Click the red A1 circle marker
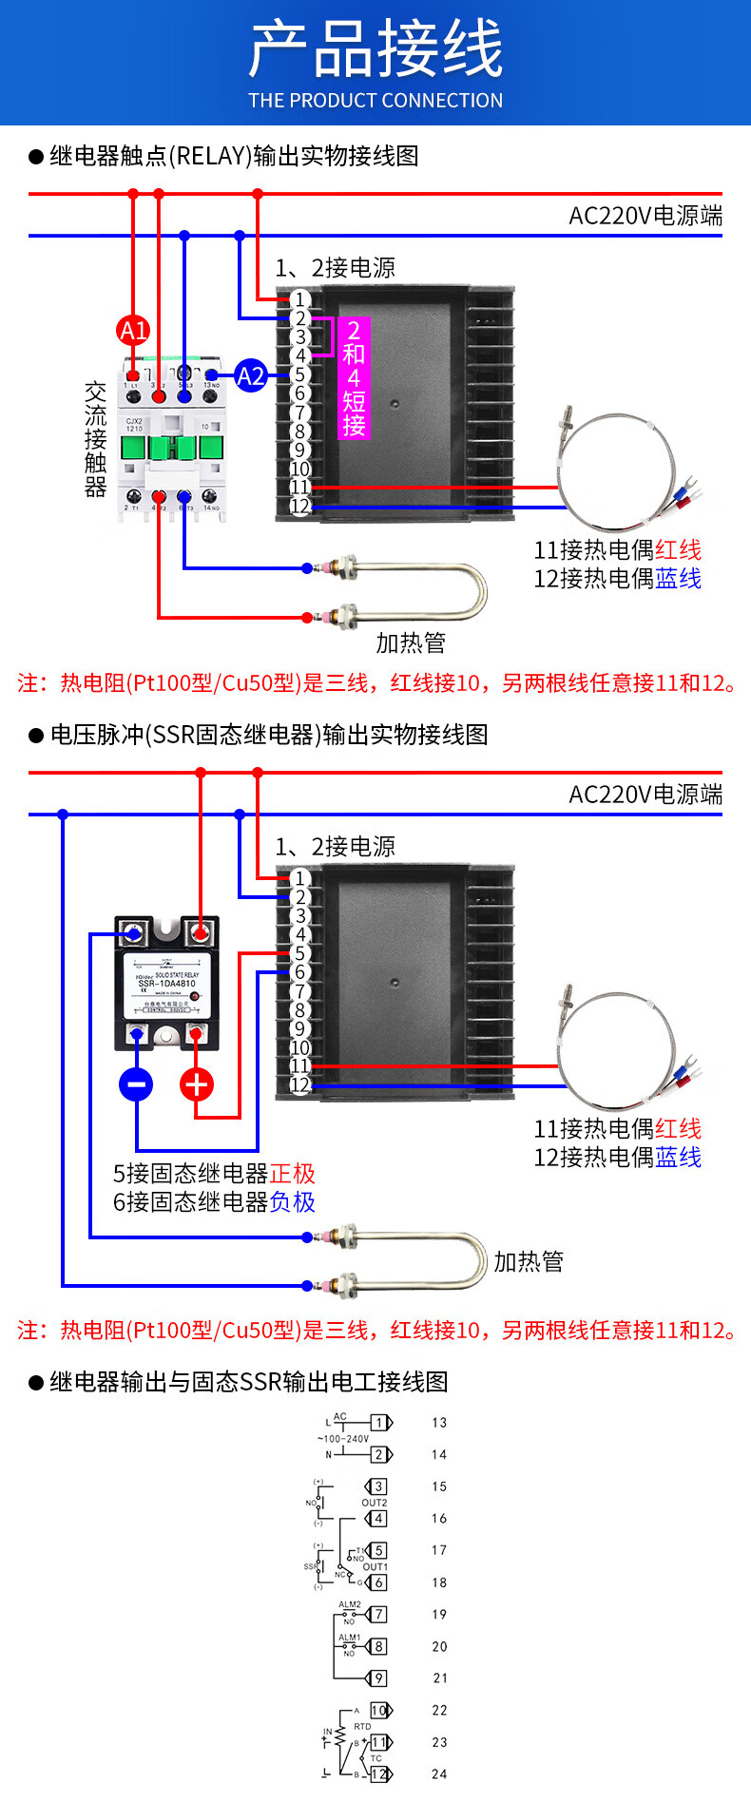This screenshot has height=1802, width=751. (133, 331)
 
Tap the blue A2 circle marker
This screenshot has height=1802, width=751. (250, 376)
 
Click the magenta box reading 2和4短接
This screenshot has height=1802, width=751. (354, 377)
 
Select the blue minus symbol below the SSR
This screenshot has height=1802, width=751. (136, 1083)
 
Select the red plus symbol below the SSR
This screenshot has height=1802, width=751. (197, 1083)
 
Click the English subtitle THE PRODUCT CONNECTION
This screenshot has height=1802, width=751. (375, 101)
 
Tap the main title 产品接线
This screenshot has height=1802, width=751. (375, 49)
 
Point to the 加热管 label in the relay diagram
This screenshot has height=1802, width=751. (411, 643)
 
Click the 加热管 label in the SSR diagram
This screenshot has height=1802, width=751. (529, 1262)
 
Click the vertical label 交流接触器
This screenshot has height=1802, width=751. (95, 439)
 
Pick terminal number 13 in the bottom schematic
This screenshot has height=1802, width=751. (439, 1423)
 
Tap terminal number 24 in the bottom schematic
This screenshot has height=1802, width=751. (439, 1773)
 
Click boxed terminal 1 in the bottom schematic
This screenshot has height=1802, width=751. (379, 1423)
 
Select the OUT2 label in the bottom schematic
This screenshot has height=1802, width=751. (375, 1503)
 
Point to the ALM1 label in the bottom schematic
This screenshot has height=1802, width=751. (350, 1638)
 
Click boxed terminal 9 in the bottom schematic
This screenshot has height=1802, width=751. (379, 1678)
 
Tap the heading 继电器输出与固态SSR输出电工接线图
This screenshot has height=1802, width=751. (249, 1382)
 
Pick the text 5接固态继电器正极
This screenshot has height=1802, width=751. (214, 1174)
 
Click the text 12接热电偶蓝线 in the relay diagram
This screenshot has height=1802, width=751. (617, 578)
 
